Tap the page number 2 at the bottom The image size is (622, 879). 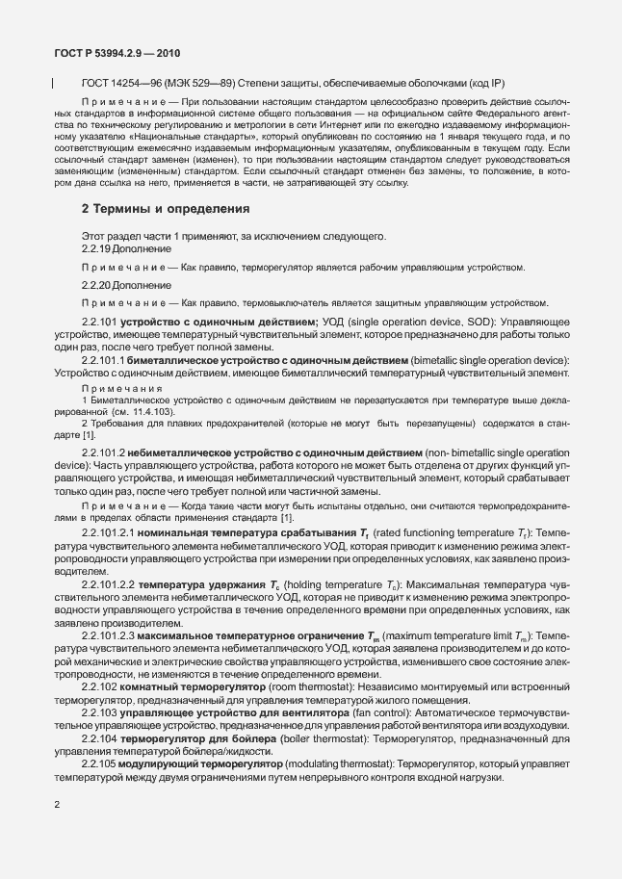[x=57, y=830]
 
